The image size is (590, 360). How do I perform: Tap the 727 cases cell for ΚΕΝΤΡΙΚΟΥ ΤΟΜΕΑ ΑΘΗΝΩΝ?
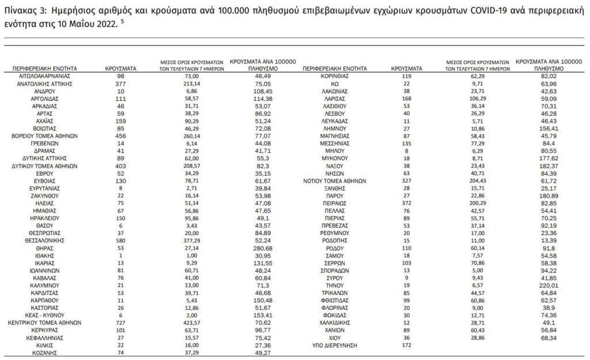[120, 323]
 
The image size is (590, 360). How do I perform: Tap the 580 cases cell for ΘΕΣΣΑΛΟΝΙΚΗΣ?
[120, 240]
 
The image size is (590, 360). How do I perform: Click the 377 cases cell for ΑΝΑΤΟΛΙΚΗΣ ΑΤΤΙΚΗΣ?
[120, 83]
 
